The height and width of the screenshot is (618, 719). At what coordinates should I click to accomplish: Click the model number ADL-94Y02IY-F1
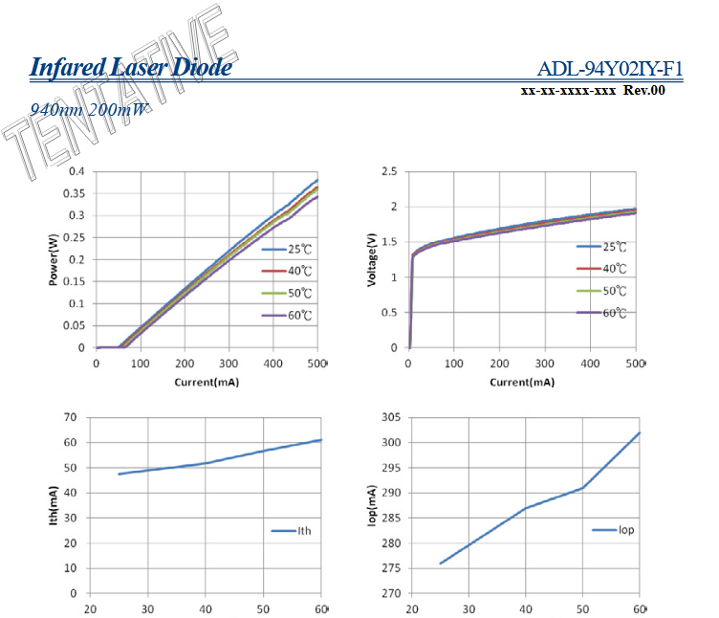pos(610,69)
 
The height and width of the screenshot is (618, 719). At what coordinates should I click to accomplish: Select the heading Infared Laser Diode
pos(131,68)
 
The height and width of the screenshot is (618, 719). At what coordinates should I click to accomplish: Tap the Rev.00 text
pos(643,91)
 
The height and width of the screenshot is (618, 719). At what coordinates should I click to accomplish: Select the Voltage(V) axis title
pos(372,260)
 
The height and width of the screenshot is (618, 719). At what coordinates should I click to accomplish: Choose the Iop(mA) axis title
pos(372,505)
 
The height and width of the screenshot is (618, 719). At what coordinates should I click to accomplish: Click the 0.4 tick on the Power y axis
pos(76,171)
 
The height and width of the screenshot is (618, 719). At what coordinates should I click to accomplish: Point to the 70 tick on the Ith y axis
pos(70,417)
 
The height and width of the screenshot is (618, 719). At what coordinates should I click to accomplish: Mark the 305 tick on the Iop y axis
pos(388,417)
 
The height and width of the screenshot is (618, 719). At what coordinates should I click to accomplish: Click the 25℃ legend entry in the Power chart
pos(287,250)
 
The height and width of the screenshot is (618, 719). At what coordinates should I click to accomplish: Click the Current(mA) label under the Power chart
pos(207,383)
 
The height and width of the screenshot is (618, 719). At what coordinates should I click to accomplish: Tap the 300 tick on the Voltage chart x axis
pos(545,364)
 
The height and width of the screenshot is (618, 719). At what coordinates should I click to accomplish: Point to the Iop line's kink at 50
pos(582,488)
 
